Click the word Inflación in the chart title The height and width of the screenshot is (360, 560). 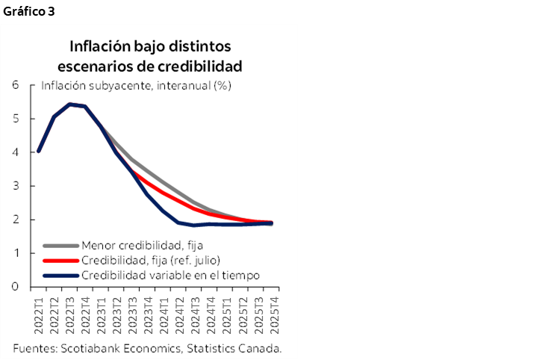tap(98, 46)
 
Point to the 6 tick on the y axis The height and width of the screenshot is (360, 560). tap(15, 85)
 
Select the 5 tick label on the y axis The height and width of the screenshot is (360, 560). tap(15, 119)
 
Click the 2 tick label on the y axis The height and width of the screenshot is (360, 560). tap(15, 220)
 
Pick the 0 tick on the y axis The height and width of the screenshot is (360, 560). tap(15, 287)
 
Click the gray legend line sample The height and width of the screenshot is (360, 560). tap(60, 245)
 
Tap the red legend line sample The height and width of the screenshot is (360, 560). tap(60, 260)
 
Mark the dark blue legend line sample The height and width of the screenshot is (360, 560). tap(60, 276)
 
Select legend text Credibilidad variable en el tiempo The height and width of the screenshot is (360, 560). tap(170, 276)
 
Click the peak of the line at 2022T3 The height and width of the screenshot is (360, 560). tap(70, 104)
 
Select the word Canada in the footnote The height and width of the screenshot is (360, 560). tap(261, 348)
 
